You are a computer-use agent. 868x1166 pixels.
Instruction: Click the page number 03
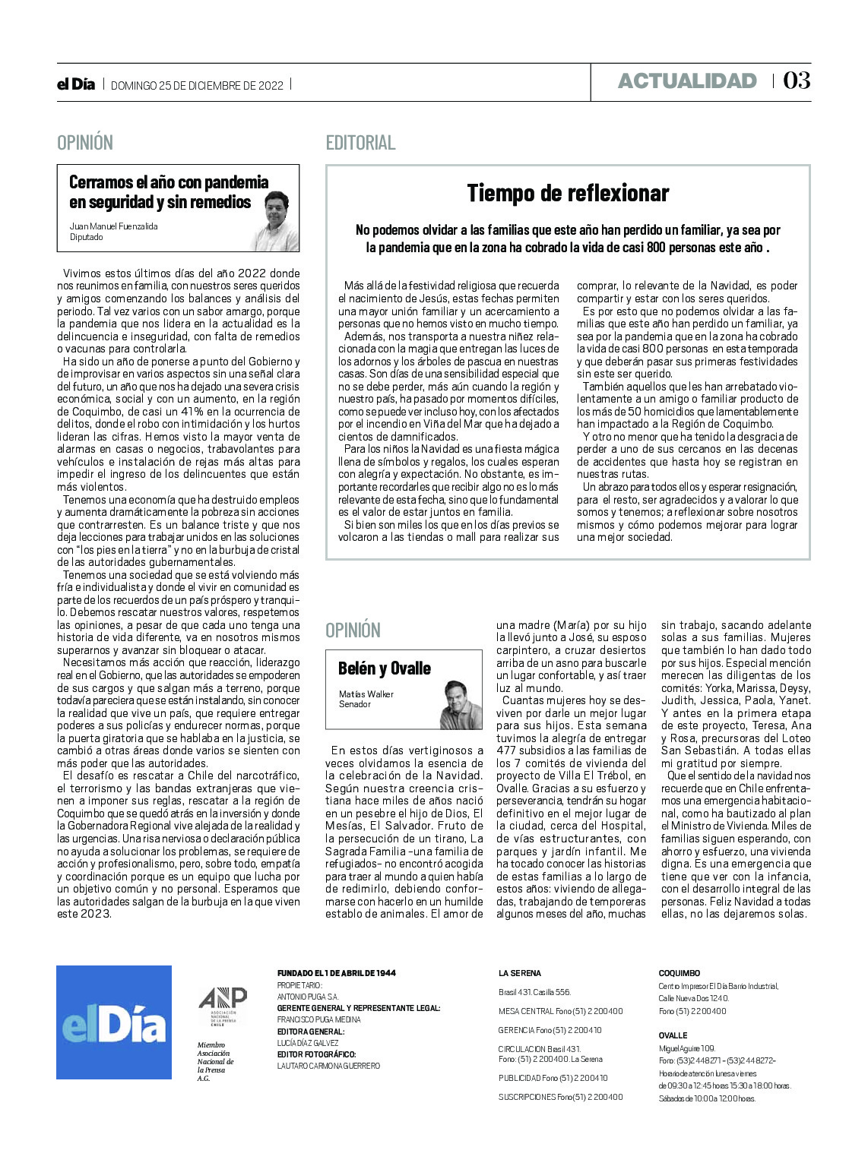click(x=797, y=81)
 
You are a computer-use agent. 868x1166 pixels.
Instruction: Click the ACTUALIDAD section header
click(x=687, y=81)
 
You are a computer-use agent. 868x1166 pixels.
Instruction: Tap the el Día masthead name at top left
click(x=76, y=84)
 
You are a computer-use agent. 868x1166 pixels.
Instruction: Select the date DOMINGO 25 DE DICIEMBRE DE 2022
click(x=197, y=86)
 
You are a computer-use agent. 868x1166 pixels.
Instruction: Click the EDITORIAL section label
click(x=360, y=143)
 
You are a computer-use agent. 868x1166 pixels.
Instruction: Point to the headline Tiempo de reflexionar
click(x=568, y=193)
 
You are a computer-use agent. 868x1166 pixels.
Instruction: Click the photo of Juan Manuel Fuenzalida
click(x=275, y=221)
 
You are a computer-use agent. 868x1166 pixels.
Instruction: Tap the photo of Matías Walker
click(x=461, y=705)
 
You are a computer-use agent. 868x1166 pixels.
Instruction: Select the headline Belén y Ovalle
click(x=385, y=668)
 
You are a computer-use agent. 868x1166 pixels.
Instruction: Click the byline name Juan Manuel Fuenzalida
click(x=113, y=226)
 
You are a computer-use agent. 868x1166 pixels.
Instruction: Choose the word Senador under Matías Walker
click(x=355, y=704)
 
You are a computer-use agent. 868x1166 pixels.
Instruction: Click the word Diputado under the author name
click(x=86, y=237)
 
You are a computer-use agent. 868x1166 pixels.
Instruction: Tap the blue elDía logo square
click(x=114, y=1022)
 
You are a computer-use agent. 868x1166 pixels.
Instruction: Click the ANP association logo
click(x=223, y=1005)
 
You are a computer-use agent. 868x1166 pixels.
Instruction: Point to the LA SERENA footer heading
click(x=520, y=973)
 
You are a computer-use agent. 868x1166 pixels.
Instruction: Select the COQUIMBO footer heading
click(x=679, y=973)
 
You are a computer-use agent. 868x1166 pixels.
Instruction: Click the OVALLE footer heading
click(x=673, y=1035)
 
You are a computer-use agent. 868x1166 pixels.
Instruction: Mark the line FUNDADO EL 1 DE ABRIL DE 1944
click(x=336, y=973)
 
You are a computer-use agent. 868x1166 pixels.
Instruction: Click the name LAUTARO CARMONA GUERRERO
click(x=328, y=1066)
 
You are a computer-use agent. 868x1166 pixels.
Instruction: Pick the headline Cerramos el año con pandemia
click(x=169, y=182)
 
